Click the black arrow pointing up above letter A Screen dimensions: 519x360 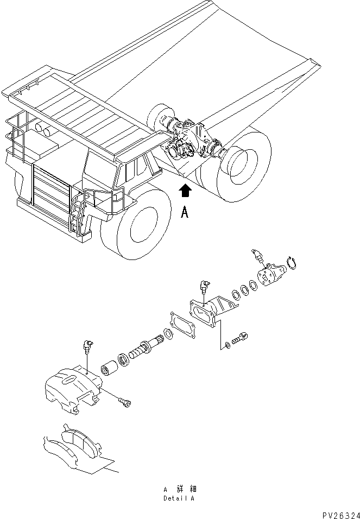click(x=186, y=191)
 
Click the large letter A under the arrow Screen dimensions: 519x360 click(x=185, y=213)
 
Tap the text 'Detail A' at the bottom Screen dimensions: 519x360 click(x=179, y=498)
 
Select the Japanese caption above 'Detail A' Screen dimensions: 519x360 click(x=179, y=489)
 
